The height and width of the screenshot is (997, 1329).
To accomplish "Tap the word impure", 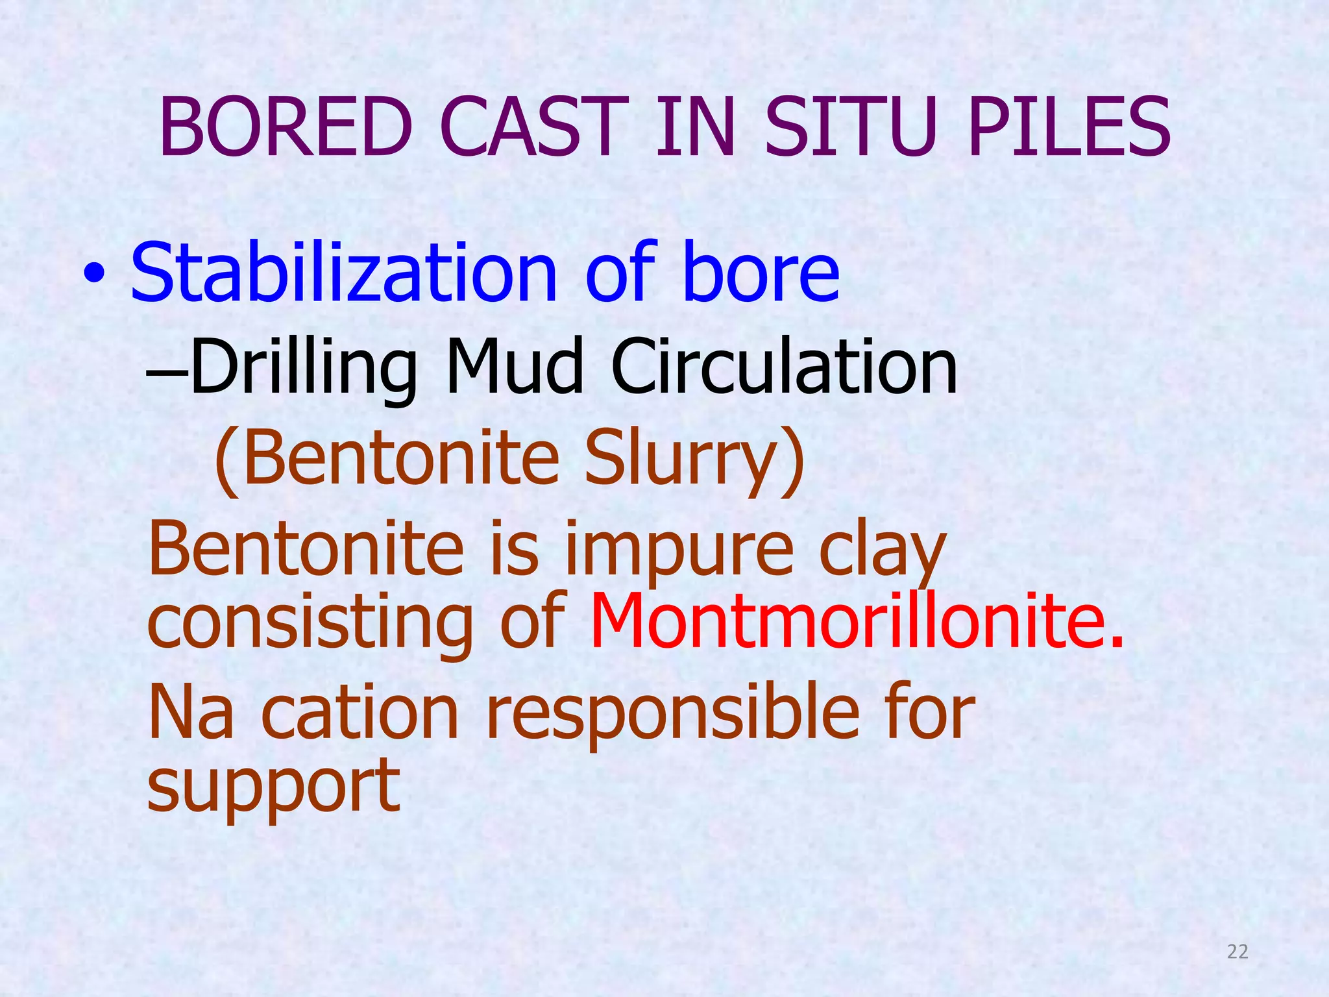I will coord(679,550).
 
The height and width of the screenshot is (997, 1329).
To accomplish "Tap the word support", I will coord(273,787).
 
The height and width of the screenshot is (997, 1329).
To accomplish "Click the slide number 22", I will coord(1238,952).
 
